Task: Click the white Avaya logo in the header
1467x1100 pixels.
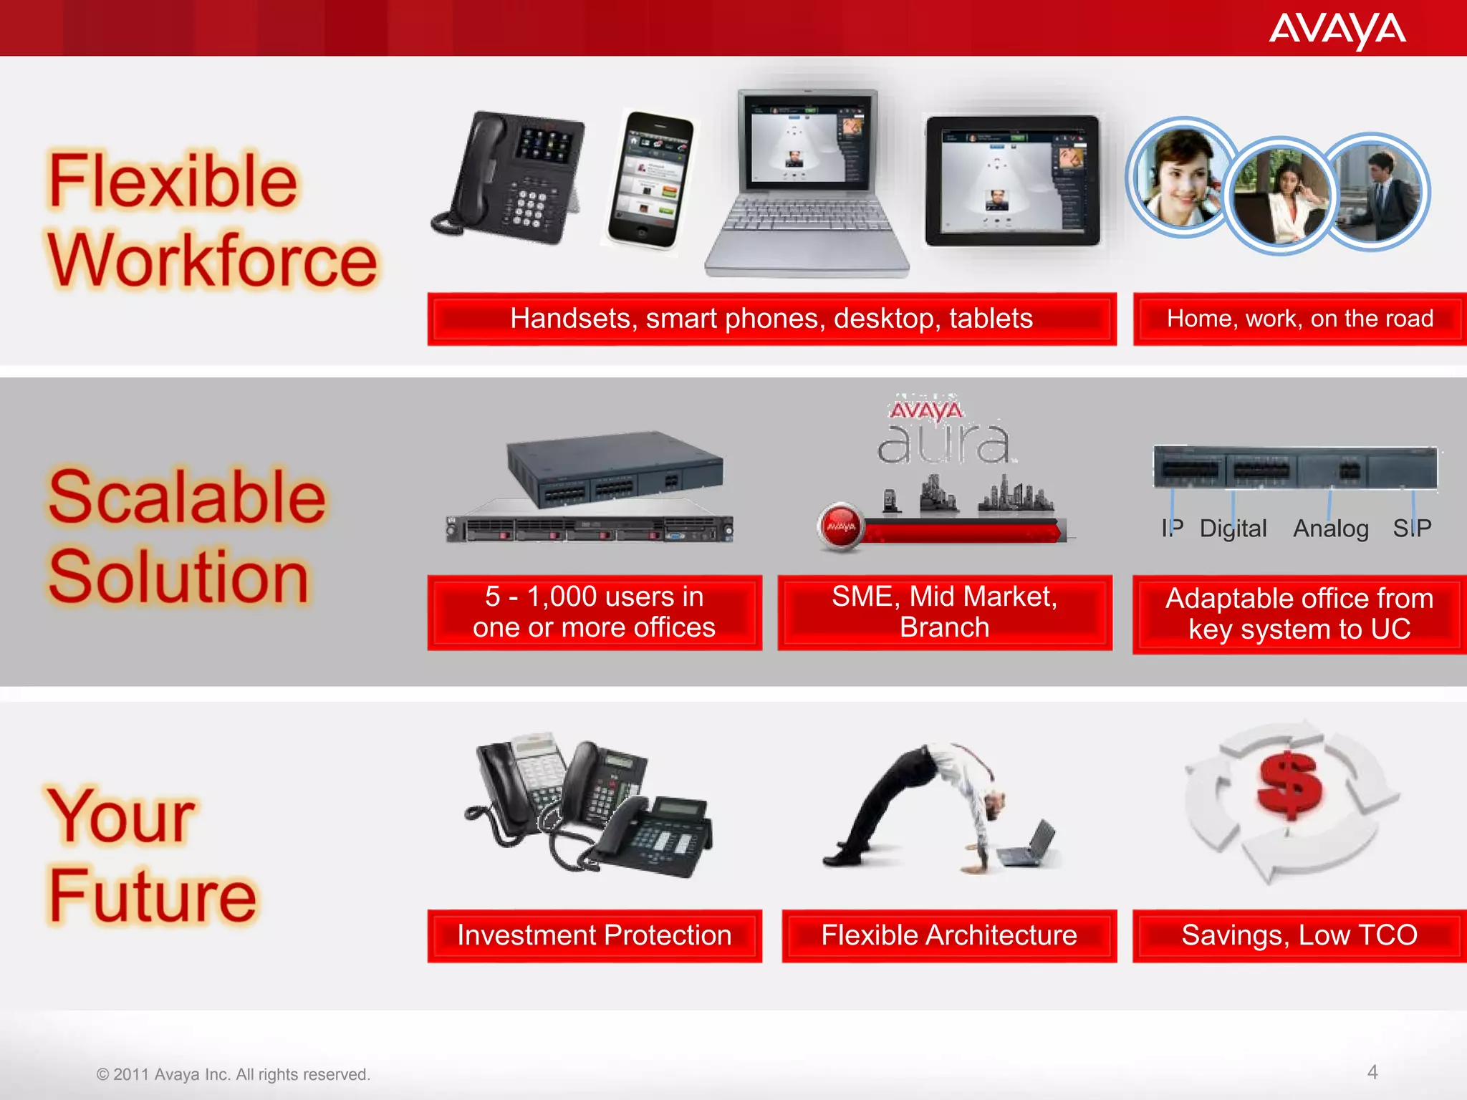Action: pyautogui.click(x=1337, y=30)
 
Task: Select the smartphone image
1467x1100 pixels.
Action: pyautogui.click(x=650, y=180)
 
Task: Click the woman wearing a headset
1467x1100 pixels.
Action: pyautogui.click(x=1180, y=179)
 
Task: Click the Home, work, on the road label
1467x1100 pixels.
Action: pyautogui.click(x=1299, y=319)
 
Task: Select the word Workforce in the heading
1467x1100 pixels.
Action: pyautogui.click(x=212, y=261)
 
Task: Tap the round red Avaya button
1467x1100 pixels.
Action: pyautogui.click(x=841, y=527)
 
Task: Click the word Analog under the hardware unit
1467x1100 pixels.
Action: pyautogui.click(x=1330, y=529)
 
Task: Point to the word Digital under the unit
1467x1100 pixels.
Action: pyautogui.click(x=1233, y=529)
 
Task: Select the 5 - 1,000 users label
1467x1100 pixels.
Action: pyautogui.click(x=594, y=612)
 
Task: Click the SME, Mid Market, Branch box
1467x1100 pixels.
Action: pyautogui.click(x=944, y=612)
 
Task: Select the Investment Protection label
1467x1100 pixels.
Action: pyautogui.click(x=594, y=935)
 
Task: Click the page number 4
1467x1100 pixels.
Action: pyautogui.click(x=1372, y=1072)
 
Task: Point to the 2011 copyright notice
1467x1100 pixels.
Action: pyautogui.click(x=234, y=1074)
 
